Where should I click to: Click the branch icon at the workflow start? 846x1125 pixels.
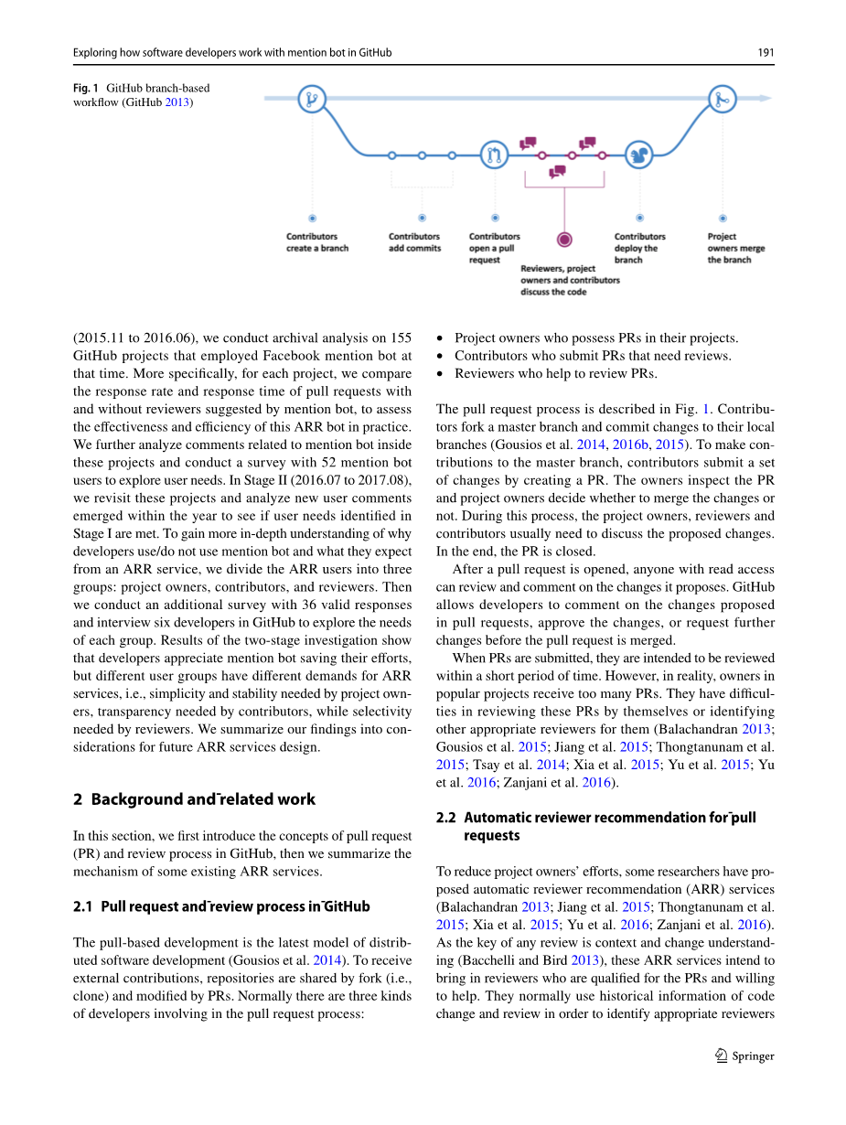click(312, 99)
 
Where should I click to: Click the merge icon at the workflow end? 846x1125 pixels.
click(723, 99)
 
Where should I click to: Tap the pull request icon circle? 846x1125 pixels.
click(495, 155)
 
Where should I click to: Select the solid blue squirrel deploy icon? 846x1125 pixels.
click(639, 155)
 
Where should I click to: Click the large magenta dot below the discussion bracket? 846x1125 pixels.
click(564, 240)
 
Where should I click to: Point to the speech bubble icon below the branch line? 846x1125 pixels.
click(556, 171)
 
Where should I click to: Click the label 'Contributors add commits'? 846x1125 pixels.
click(414, 242)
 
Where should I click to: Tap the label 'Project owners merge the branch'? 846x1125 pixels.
click(735, 248)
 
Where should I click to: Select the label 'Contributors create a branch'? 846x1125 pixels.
click(317, 242)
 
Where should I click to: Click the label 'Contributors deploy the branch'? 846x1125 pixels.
click(639, 248)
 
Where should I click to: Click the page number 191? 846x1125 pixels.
click(766, 52)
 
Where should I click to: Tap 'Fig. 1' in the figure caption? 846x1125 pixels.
click(86, 89)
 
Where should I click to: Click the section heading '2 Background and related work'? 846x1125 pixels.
click(194, 799)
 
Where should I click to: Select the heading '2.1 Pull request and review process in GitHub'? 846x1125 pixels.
click(221, 906)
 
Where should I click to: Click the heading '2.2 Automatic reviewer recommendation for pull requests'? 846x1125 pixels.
click(596, 826)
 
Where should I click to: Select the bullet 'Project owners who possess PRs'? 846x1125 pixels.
click(596, 338)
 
